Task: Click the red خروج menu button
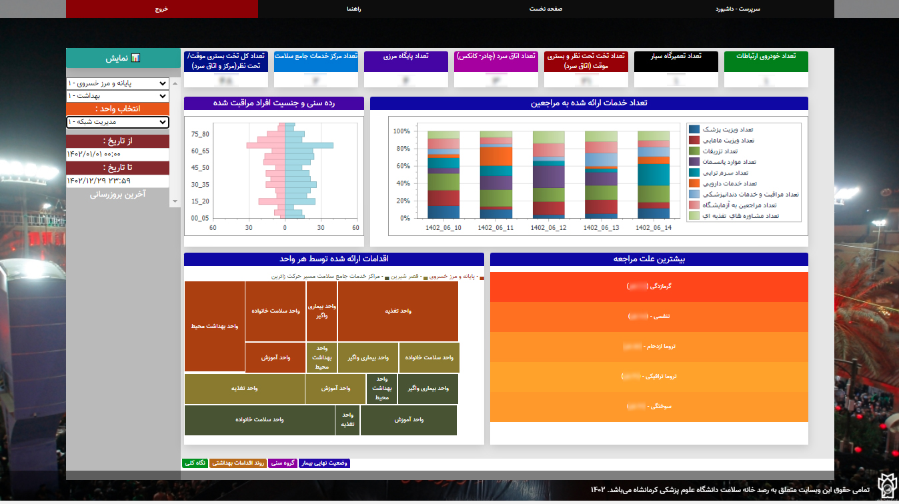pos(162,9)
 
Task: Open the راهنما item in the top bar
pos(353,9)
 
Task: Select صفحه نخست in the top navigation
pos(546,9)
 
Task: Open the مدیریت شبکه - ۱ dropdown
pos(117,122)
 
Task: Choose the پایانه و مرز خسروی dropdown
pos(117,83)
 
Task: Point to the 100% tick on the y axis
pos(401,131)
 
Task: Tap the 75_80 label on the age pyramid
pos(200,134)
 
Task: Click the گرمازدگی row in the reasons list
pos(649,286)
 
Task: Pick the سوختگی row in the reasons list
pos(649,406)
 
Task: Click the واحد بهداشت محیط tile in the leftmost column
pos(214,326)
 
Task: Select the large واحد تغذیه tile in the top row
pos(397,311)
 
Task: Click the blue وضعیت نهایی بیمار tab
pos(324,463)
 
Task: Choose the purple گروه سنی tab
pos(283,463)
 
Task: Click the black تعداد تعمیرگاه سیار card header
pos(676,57)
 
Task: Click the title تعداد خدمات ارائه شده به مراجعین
pos(589,103)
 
